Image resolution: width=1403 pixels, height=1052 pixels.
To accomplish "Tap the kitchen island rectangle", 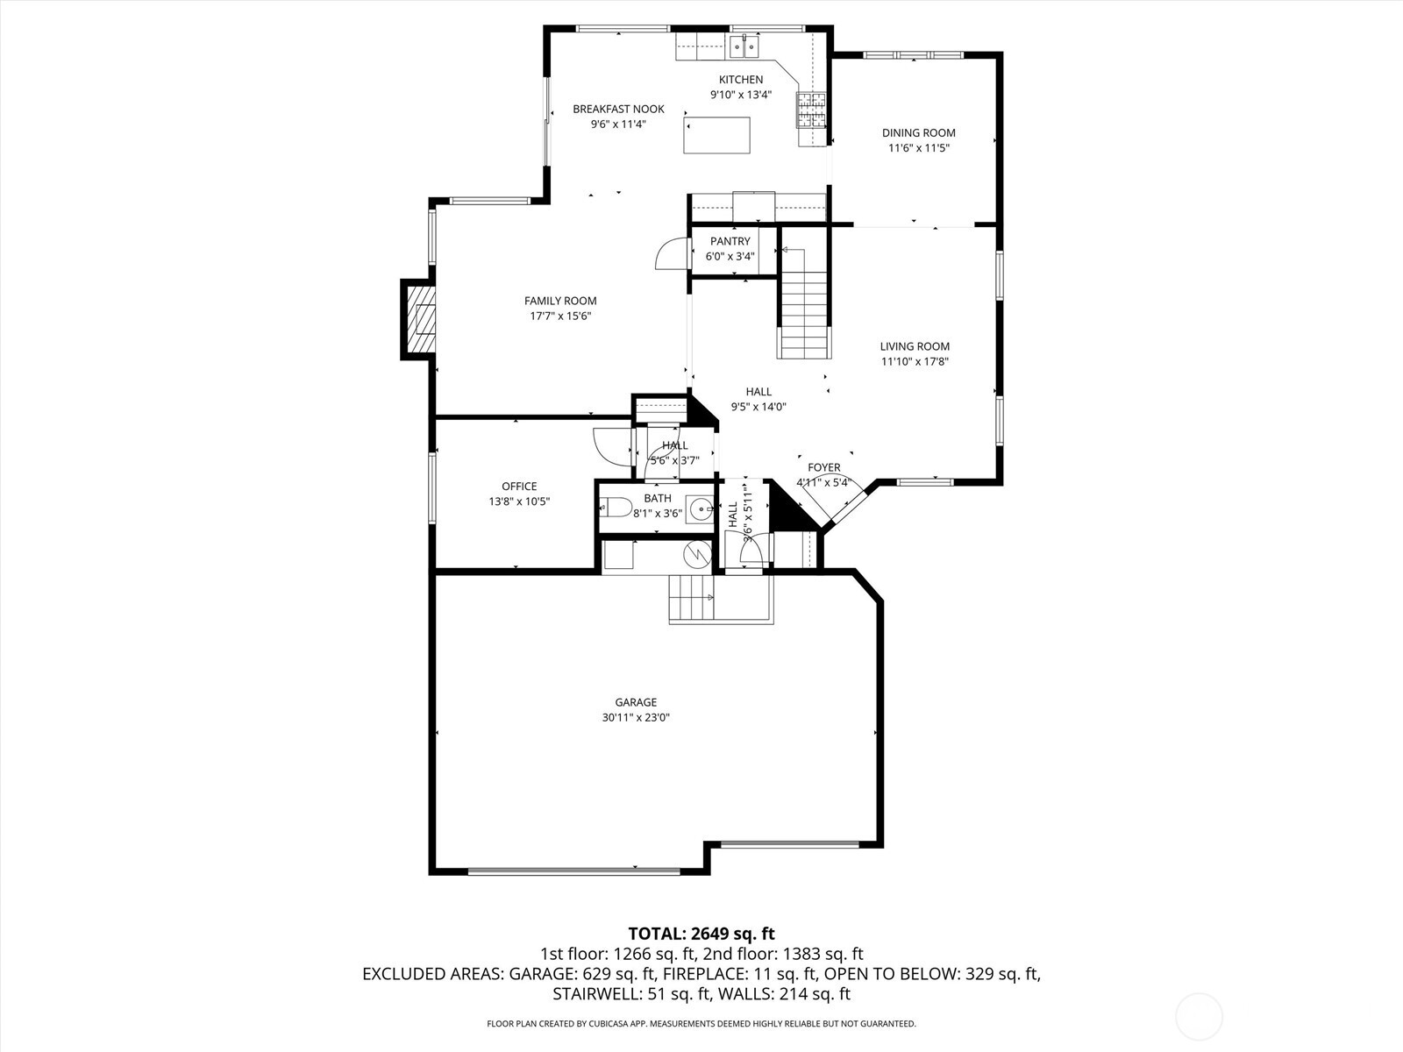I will tap(717, 135).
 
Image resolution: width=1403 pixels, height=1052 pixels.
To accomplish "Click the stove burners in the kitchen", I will tap(811, 110).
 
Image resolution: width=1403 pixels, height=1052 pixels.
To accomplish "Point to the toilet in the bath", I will tap(616, 508).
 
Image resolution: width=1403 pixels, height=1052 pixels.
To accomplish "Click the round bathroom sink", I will tap(700, 508).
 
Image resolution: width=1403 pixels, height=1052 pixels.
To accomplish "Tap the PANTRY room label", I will tap(730, 241).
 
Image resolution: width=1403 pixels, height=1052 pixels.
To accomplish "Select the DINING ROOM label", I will tap(918, 133).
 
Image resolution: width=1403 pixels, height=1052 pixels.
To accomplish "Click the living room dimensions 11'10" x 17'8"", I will tap(915, 361).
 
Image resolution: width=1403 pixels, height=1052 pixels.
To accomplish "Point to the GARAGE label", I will tap(636, 702).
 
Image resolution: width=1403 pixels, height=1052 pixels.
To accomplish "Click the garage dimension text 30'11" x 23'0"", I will tap(636, 717).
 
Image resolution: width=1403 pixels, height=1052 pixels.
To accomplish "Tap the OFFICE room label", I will tap(519, 487).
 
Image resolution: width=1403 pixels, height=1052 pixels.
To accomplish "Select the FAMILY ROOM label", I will tap(560, 301).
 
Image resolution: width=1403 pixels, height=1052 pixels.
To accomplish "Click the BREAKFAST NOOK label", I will tap(618, 109).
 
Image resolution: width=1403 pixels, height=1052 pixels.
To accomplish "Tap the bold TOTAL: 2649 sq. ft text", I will tap(701, 934).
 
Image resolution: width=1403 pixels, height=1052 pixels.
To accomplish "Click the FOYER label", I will tap(823, 467).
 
